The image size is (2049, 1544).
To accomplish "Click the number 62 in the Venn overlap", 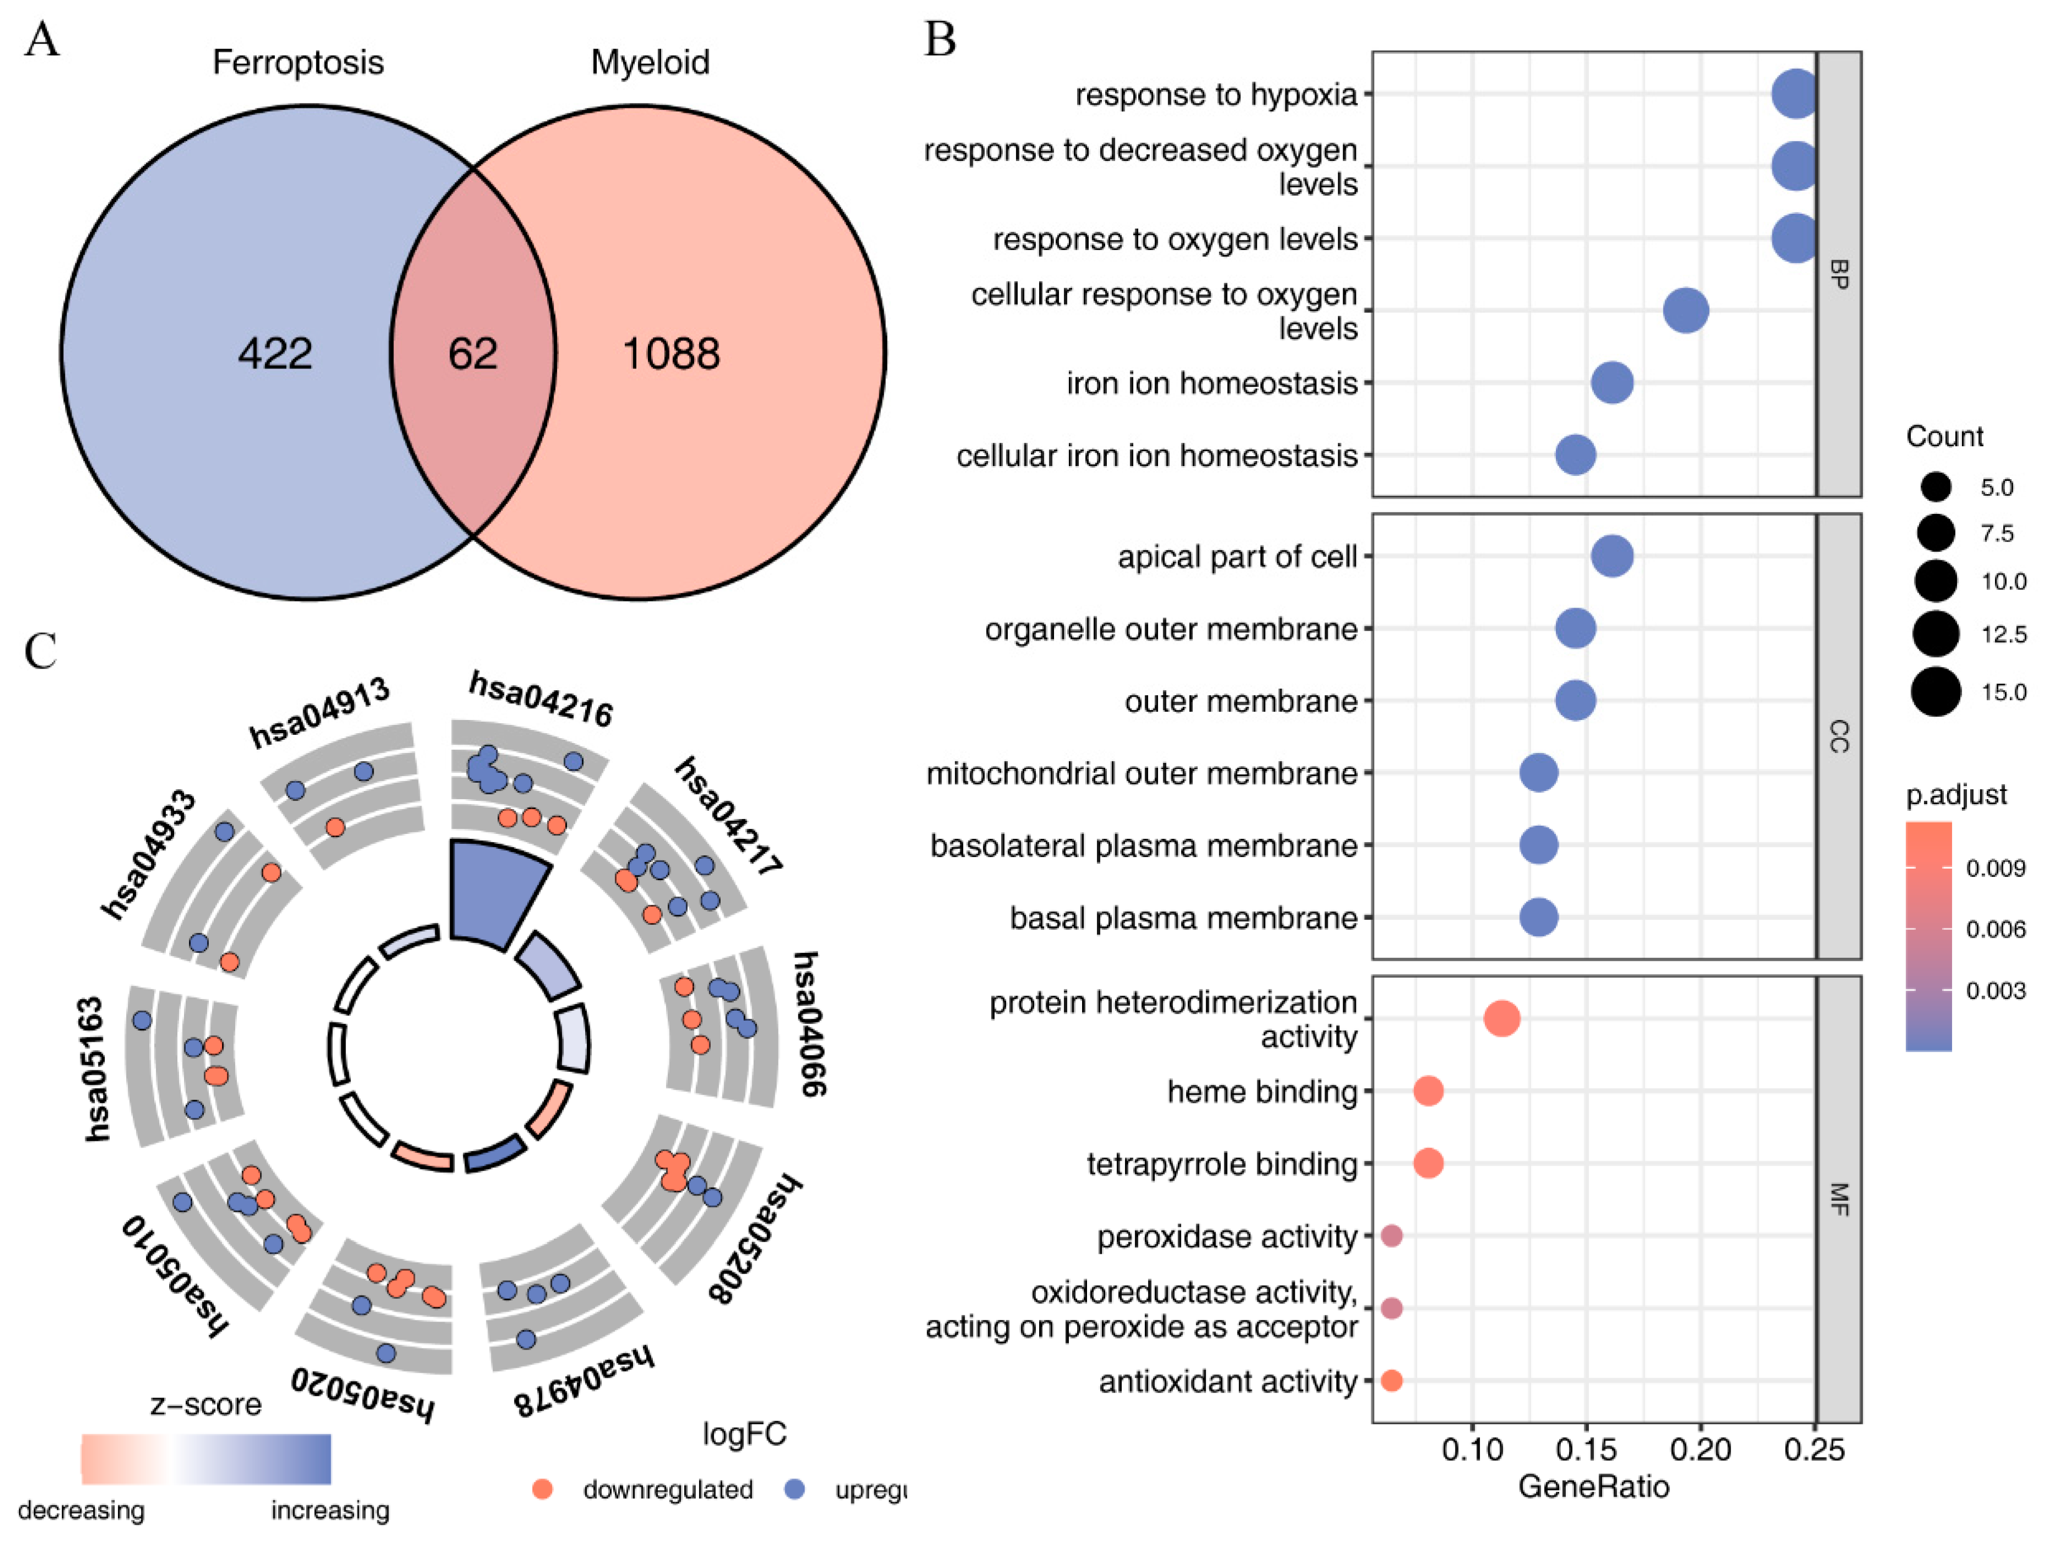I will point(472,354).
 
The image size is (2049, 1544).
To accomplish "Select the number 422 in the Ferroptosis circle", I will point(275,354).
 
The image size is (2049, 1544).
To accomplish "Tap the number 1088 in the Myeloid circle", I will point(671,354).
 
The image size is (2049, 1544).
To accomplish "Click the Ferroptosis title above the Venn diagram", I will point(298,62).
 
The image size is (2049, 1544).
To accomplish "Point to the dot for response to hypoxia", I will point(1795,94).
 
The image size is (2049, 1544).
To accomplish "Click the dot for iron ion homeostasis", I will point(1612,382).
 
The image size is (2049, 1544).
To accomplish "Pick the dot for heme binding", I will point(1429,1091).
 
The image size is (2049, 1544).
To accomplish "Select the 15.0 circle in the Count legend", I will point(1935,692).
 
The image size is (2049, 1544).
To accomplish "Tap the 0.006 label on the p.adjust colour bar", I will point(1995,930).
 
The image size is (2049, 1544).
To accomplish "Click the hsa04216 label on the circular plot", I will point(541,700).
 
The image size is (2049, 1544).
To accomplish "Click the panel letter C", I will point(41,651).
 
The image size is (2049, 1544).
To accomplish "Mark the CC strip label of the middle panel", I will point(1839,737).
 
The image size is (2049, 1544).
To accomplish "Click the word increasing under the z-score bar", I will point(330,1510).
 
